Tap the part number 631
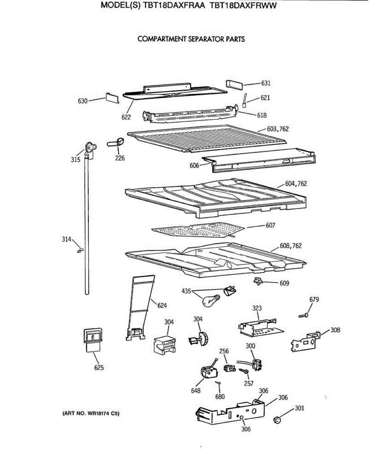tap(266, 83)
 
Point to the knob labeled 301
tap(277, 420)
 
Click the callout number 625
tap(99, 367)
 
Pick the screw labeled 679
tap(303, 314)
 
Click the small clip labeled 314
tap(79, 250)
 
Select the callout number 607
tap(270, 225)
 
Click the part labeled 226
tap(116, 143)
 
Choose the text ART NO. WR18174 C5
tap(91, 414)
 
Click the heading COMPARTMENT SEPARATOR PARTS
tap(191, 39)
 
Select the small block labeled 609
tap(258, 281)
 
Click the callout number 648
tap(196, 391)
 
